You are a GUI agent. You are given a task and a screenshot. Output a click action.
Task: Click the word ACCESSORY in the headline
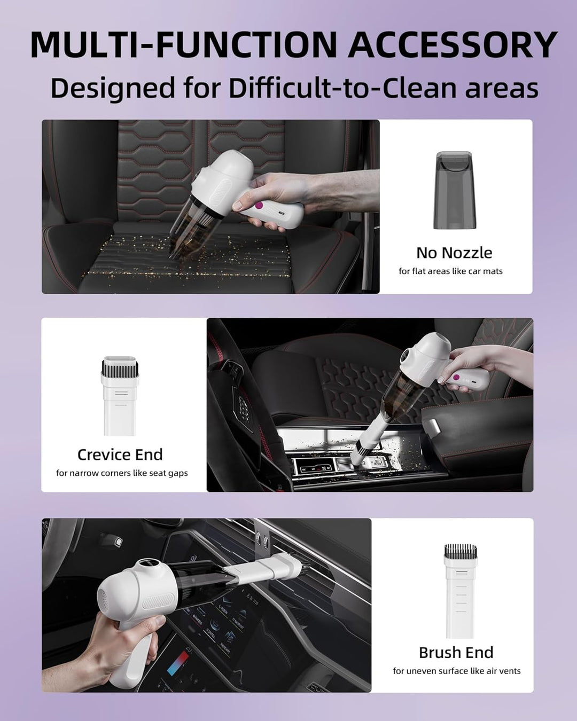(x=453, y=45)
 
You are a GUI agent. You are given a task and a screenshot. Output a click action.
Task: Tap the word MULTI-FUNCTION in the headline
(x=183, y=45)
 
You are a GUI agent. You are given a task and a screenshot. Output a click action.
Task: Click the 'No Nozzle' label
(x=454, y=253)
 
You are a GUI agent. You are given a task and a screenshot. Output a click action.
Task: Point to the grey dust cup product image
(x=455, y=190)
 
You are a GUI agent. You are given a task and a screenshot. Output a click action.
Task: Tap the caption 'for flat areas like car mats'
(x=450, y=271)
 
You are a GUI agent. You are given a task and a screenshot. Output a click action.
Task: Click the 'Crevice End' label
(x=120, y=454)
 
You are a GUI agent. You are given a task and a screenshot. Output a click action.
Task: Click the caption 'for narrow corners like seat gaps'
(x=122, y=473)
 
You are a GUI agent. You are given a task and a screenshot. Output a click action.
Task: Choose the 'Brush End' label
(x=456, y=653)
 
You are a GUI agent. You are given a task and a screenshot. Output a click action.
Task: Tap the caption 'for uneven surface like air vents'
(x=456, y=671)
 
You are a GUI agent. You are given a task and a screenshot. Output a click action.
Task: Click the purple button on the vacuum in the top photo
(x=259, y=205)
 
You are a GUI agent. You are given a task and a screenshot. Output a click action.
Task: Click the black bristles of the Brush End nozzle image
(x=461, y=551)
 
